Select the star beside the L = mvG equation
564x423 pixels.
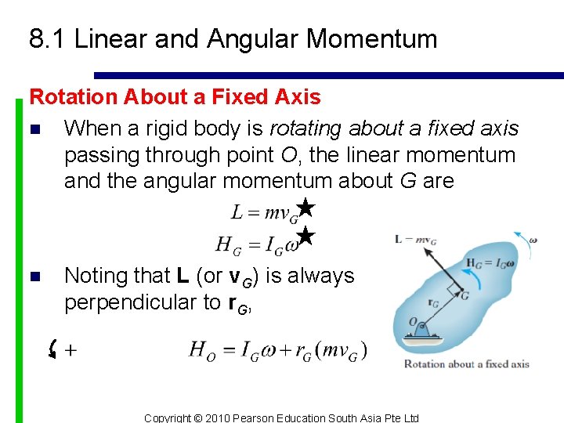coord(306,208)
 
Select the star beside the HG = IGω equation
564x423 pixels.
coord(306,236)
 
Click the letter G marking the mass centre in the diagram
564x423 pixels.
coord(465,295)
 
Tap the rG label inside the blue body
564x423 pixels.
coord(433,302)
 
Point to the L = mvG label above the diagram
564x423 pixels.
coord(415,238)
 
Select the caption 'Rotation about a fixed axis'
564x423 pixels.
coord(466,363)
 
